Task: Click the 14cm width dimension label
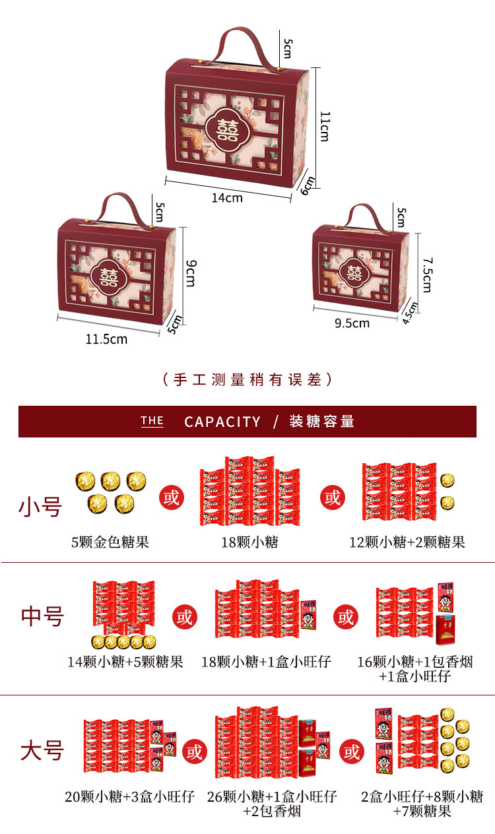pos(227,197)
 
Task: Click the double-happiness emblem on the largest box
pos(229,127)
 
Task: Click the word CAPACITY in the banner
pos(222,422)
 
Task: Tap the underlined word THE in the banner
pos(152,421)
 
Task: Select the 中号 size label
pos(42,616)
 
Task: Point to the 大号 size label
pos(42,750)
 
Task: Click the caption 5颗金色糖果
pos(110,542)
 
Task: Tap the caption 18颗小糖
pos(249,542)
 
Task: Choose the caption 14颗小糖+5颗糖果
pos(125,661)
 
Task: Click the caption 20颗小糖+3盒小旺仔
pos(129,796)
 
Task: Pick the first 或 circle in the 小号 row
pos(171,497)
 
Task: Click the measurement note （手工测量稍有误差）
pos(247,379)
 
